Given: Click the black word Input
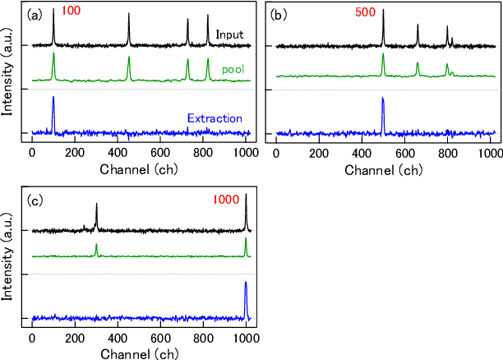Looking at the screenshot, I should tap(230, 35).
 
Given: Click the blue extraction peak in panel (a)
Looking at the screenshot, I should tap(53, 107).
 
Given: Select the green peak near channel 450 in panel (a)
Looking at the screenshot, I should tap(129, 64).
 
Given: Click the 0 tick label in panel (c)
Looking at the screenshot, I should tap(32, 338).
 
